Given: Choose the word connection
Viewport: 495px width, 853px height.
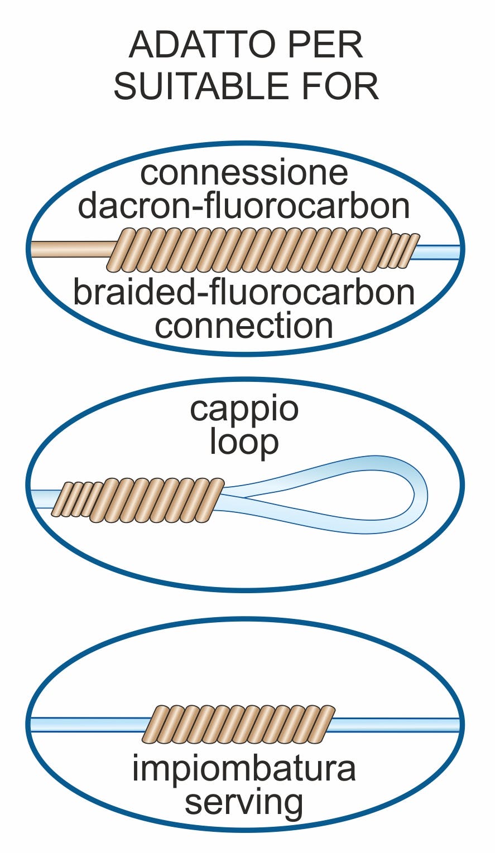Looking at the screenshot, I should tap(244, 326).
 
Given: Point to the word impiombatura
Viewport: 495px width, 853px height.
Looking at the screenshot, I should tap(244, 768).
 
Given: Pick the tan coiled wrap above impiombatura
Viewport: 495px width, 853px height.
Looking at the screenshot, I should tap(238, 724).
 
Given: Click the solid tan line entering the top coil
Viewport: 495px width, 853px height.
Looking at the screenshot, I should tap(73, 249).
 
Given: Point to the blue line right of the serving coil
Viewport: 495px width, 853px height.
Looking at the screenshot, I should tap(396, 724).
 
